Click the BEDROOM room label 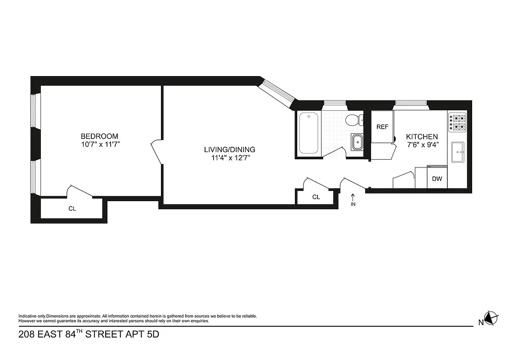click(x=99, y=136)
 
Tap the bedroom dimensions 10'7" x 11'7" click(x=99, y=144)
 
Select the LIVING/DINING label click(x=229, y=150)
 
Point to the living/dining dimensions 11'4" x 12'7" click(x=229, y=158)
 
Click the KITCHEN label click(x=422, y=136)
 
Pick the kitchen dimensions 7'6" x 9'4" click(x=422, y=144)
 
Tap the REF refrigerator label click(x=382, y=127)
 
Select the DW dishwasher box click(x=437, y=179)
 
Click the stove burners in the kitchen click(x=457, y=123)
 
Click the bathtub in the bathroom click(x=309, y=133)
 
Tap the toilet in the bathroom click(x=353, y=120)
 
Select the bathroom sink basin click(x=357, y=142)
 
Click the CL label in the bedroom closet click(x=72, y=209)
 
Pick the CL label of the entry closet click(x=316, y=197)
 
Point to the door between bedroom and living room click(x=156, y=151)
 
